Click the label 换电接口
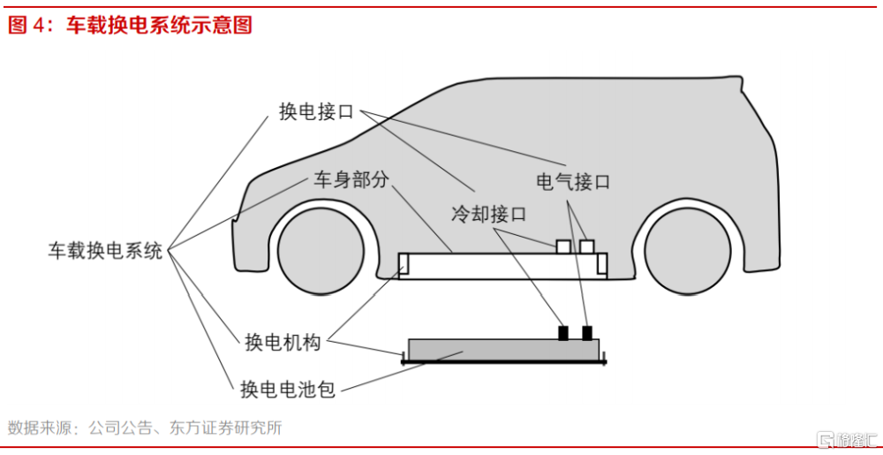pyautogui.click(x=315, y=112)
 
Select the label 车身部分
pyautogui.click(x=351, y=180)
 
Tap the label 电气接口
pyautogui.click(x=573, y=183)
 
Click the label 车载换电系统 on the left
pyautogui.click(x=105, y=251)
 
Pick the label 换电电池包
pyautogui.click(x=289, y=389)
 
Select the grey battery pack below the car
pyautogui.click(x=502, y=350)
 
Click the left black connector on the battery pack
pyautogui.click(x=563, y=333)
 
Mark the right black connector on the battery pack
pyautogui.click(x=587, y=333)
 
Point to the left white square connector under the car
pyautogui.click(x=563, y=246)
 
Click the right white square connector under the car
pyautogui.click(x=586, y=246)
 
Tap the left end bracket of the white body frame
pyautogui.click(x=404, y=263)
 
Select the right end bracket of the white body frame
pyautogui.click(x=602, y=263)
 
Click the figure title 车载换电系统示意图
pyautogui.click(x=159, y=26)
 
